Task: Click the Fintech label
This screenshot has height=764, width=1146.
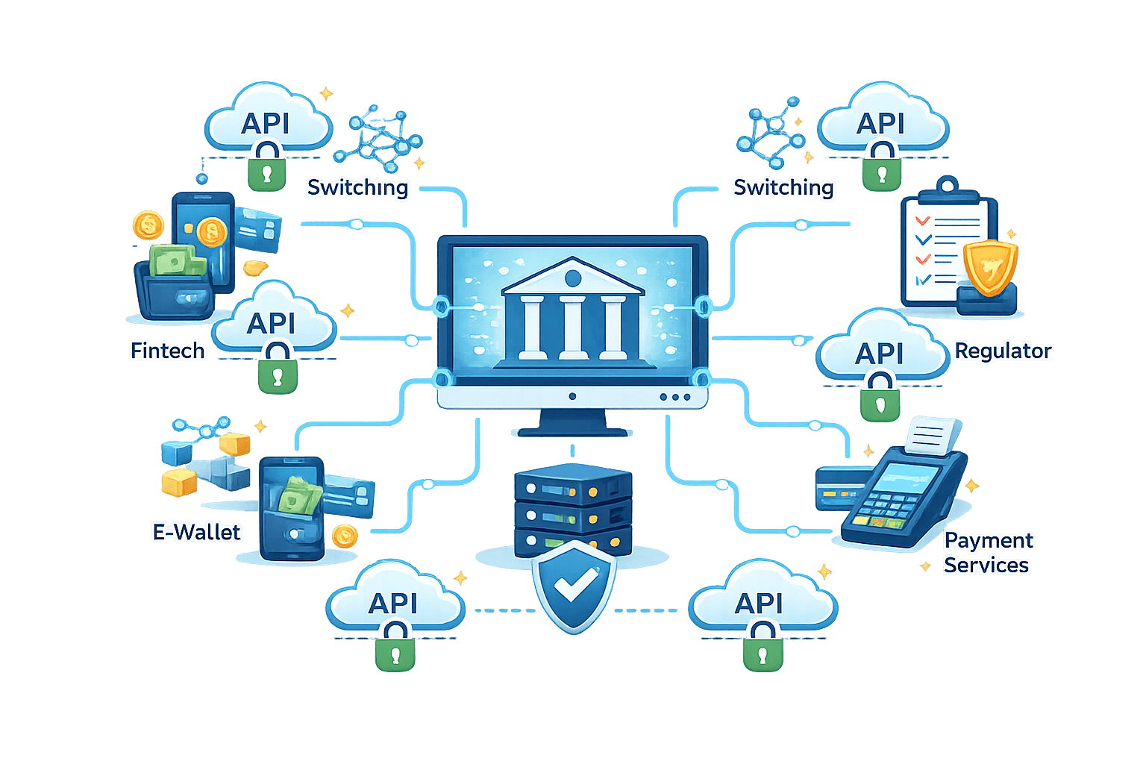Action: [167, 350]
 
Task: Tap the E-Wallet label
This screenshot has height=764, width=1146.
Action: [196, 532]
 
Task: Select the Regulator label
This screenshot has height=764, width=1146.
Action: [1003, 350]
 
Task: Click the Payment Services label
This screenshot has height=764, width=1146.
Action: [987, 553]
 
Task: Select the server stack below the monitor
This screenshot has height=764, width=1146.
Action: [572, 511]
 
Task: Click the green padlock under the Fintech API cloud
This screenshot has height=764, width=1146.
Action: [278, 370]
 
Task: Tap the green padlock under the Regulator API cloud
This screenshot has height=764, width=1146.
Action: [880, 398]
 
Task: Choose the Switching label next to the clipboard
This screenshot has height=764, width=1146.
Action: [783, 187]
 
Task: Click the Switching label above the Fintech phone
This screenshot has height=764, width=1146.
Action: [358, 187]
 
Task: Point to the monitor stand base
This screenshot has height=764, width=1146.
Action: [572, 430]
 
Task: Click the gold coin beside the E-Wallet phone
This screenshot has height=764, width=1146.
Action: [344, 536]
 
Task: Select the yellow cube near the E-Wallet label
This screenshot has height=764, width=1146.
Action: [179, 482]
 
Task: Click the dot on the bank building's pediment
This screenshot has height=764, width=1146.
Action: [572, 278]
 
